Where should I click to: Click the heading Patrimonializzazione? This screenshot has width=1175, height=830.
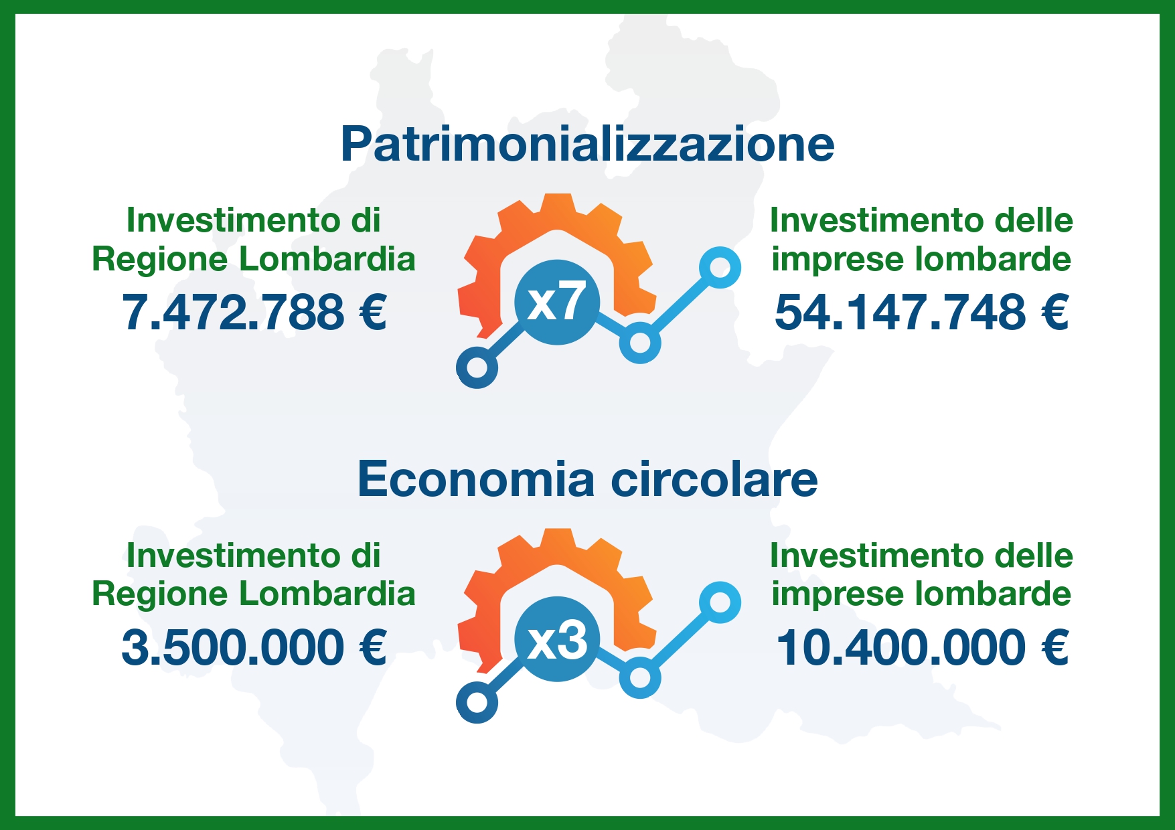pyautogui.click(x=587, y=144)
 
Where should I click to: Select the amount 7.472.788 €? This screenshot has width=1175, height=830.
pyautogui.click(x=254, y=313)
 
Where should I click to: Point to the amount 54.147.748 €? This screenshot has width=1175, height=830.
pyautogui.click(x=921, y=313)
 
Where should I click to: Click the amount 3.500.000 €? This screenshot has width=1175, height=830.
pyautogui.click(x=254, y=648)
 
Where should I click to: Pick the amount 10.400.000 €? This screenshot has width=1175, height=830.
pyautogui.click(x=921, y=648)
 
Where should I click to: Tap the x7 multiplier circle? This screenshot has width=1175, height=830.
pyautogui.click(x=558, y=303)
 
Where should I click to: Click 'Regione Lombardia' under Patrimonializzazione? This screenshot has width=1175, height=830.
pyautogui.click(x=254, y=260)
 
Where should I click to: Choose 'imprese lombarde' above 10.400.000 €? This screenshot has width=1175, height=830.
pyautogui.click(x=921, y=594)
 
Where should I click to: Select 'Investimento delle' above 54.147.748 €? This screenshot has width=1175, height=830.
pyautogui.click(x=921, y=220)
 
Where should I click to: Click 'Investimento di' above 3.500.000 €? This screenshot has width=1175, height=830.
pyautogui.click(x=254, y=556)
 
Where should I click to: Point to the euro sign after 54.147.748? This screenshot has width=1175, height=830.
pyautogui.click(x=1054, y=313)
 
